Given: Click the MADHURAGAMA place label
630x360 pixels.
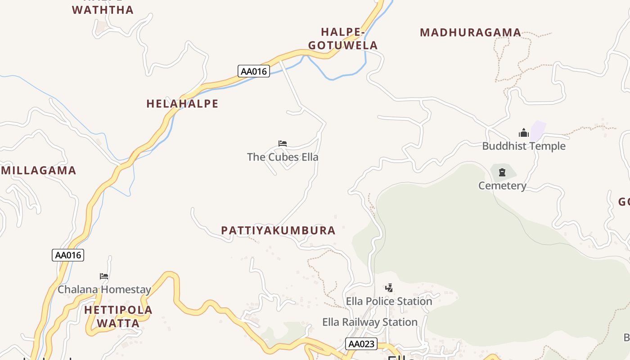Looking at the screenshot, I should (x=470, y=32).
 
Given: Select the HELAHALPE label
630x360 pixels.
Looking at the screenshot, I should (x=182, y=103).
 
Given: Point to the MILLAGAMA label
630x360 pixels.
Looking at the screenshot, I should (x=39, y=171).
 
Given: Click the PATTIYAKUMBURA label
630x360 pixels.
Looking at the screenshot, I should (x=278, y=230).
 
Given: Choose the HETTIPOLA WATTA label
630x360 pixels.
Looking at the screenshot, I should (x=118, y=316).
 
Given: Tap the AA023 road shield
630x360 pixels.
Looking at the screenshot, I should (x=361, y=344).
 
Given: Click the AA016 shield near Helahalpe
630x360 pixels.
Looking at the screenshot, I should (x=254, y=71).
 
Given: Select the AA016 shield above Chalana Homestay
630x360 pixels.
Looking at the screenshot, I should (x=68, y=255).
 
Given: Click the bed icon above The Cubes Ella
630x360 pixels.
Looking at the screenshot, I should (x=283, y=144).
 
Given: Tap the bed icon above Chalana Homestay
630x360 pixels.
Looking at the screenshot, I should (x=104, y=276).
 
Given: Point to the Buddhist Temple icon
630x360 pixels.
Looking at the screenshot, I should (x=524, y=133).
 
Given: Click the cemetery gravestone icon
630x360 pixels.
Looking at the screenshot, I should (x=502, y=172).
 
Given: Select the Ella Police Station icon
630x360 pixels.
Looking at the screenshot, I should (x=389, y=288).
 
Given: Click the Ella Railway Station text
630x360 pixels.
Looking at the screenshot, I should (x=370, y=322).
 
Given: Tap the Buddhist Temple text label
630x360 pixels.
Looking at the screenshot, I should (x=524, y=146).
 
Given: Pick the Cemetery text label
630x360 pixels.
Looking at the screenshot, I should (x=502, y=185).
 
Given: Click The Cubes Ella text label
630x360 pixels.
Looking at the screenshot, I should (x=283, y=157).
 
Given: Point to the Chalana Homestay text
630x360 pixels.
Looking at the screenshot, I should (x=104, y=289).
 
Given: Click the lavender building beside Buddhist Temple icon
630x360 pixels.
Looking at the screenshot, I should (x=538, y=130).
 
